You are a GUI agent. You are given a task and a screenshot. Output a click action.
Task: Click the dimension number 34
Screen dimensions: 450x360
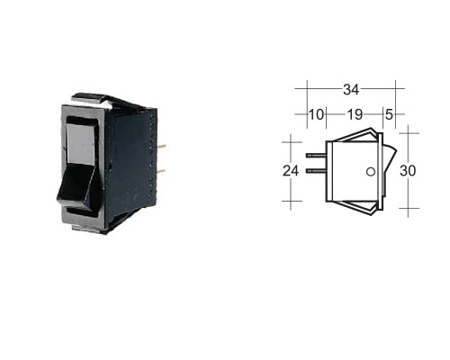coord(351,89)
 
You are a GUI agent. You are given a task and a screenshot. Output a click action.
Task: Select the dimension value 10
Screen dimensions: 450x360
coord(316,114)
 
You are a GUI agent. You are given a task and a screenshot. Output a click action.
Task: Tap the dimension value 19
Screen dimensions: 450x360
coord(355,114)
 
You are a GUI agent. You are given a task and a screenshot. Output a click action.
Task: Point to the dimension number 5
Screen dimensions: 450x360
coord(389,114)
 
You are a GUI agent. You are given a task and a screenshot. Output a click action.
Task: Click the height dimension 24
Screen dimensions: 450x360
coord(291,171)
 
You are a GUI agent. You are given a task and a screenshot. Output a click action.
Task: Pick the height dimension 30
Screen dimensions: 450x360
coord(408,171)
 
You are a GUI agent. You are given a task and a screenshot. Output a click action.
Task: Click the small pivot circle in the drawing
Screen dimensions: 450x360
coord(371,172)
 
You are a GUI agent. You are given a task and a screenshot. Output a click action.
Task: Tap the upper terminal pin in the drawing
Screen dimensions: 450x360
coord(316,156)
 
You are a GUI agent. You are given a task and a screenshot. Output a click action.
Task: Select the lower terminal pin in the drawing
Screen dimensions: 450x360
coord(316,171)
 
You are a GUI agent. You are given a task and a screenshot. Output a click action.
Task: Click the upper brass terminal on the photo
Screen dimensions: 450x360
coord(161,147)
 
